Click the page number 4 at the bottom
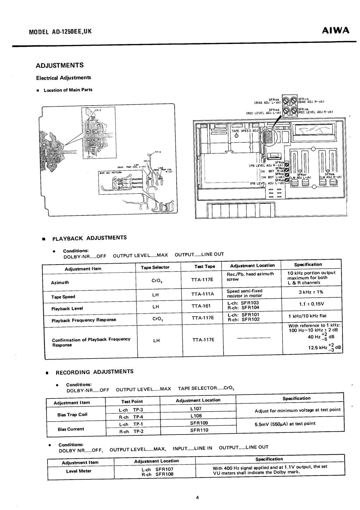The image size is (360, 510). tap(197, 497)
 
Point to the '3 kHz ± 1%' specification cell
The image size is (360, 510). tap(312, 292)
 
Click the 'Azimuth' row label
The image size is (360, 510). tap(60, 282)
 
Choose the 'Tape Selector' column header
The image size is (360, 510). tap(155, 267)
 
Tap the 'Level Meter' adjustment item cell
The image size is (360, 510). tap(79, 471)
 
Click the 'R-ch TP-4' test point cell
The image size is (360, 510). tap(128, 417)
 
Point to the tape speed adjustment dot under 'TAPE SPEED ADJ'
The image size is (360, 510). tap(237, 135)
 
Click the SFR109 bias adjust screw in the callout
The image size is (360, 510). tap(286, 101)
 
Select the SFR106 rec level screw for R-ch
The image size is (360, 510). tap(293, 111)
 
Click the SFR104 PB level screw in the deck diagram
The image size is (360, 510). tap(287, 165)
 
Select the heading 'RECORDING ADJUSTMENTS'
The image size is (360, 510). tap(94, 372)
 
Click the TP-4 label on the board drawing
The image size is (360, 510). tap(158, 152)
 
